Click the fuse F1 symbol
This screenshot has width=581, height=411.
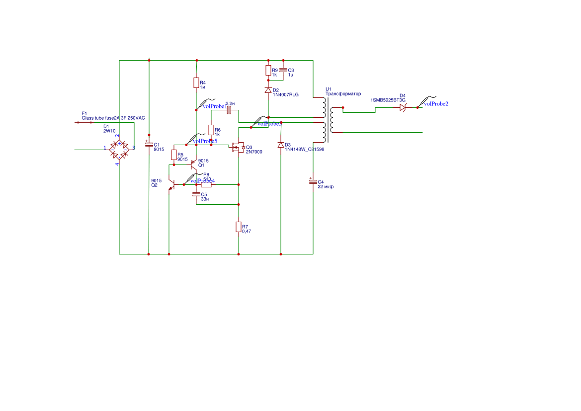point(84,122)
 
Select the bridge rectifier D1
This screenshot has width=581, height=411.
point(119,149)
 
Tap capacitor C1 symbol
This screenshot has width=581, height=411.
point(149,144)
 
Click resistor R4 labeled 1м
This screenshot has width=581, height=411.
point(196,83)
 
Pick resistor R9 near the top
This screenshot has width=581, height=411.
point(268,71)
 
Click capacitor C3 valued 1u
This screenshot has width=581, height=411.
point(283,70)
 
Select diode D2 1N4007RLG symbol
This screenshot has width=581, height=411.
point(268,90)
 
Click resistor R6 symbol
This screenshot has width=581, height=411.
point(211,130)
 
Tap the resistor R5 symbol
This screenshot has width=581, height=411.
point(174,155)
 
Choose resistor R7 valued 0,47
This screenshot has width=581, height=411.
point(239,227)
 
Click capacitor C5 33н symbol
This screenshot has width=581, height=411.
point(197,194)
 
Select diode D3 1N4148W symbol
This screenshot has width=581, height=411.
point(281,145)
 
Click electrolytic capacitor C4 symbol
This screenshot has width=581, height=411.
point(313,181)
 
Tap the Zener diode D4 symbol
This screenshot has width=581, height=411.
point(403,107)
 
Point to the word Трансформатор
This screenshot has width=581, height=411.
point(343,94)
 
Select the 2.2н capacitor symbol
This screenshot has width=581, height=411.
point(229,110)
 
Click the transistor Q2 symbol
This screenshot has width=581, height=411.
point(171,185)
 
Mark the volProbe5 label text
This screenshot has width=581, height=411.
point(204,141)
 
